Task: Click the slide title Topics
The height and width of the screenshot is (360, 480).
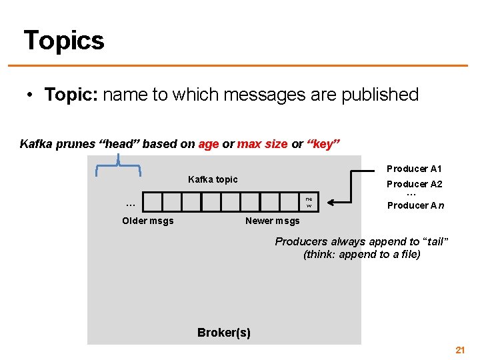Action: (64, 41)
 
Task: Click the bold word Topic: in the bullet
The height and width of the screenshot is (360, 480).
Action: (71, 95)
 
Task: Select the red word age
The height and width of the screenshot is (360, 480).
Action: (209, 144)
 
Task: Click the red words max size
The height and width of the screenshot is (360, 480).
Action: (263, 144)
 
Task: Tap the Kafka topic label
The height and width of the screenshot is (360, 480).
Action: (213, 179)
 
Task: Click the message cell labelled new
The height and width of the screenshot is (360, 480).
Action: (309, 202)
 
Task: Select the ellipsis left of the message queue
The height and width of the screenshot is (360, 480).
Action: (131, 203)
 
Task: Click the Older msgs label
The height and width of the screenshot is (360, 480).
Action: (148, 221)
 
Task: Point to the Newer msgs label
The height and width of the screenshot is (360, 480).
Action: (273, 221)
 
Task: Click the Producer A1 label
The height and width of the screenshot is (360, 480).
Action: (414, 169)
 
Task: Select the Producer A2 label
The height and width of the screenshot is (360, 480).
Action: (415, 184)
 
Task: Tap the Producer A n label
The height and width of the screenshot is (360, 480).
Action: (415, 205)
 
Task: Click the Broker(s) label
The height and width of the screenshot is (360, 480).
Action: (224, 333)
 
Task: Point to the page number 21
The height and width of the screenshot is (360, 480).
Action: (459, 349)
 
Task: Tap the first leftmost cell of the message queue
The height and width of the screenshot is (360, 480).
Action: (153, 202)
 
